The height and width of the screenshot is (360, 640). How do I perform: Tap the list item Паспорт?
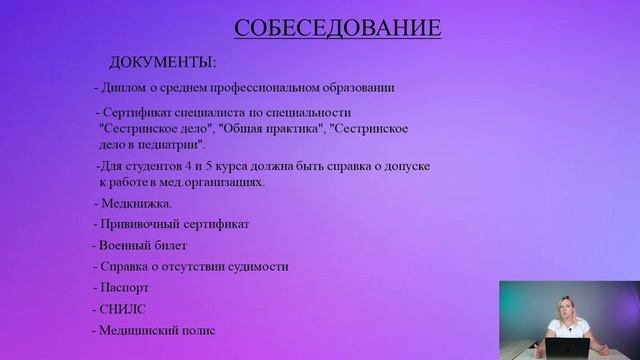pos(125,287)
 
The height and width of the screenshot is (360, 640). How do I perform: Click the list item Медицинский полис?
pos(156,330)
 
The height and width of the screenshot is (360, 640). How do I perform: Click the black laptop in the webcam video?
pos(566,347)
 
